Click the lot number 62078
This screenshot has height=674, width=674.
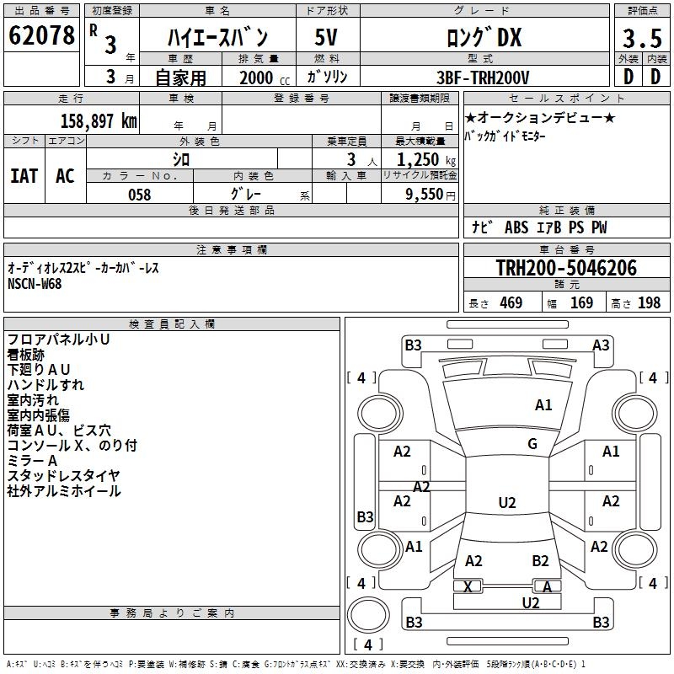[x=41, y=35]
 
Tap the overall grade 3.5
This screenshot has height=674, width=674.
[x=642, y=39]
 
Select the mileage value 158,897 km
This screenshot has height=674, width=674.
[x=99, y=121]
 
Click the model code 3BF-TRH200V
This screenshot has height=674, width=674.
[x=483, y=78]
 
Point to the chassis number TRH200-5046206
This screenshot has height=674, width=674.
[x=566, y=267]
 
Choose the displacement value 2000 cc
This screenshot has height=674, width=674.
[x=265, y=78]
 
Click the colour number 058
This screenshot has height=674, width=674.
[x=139, y=195]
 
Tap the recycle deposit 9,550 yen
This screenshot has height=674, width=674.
[x=431, y=195]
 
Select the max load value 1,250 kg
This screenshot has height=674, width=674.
[x=426, y=160]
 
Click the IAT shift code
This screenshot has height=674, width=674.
[x=24, y=176]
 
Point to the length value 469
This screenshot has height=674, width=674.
[x=511, y=302]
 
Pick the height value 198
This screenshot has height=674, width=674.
[x=649, y=302]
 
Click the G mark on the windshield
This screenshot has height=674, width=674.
[x=532, y=444]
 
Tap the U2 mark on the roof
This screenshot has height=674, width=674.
[x=507, y=502]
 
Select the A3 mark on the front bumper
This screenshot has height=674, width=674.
[x=601, y=345]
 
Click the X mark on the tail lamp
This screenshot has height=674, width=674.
[x=468, y=586]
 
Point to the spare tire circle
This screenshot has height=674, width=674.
[x=368, y=615]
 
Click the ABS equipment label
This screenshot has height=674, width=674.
[x=516, y=227]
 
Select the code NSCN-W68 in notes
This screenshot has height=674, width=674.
[x=35, y=284]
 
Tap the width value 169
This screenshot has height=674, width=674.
[x=581, y=302]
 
